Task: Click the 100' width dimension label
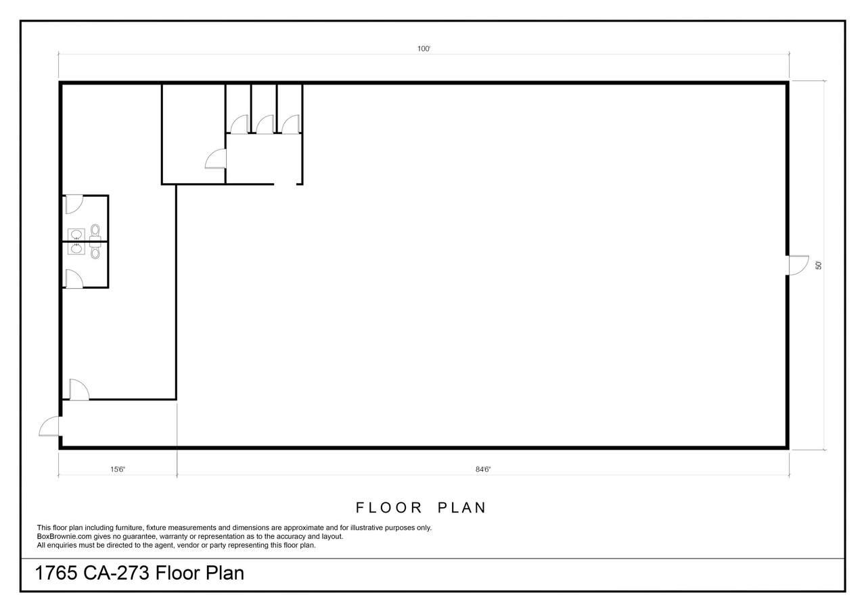[424, 49]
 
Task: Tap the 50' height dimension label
[819, 266]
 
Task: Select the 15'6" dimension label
[118, 469]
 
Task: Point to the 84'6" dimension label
[483, 469]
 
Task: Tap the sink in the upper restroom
[76, 235]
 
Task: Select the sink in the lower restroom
[76, 248]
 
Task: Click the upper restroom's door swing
[74, 204]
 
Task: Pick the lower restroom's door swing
[74, 279]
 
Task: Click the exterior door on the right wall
[798, 266]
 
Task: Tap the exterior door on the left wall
[49, 427]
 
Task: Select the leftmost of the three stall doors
[240, 124]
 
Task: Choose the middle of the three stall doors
[265, 124]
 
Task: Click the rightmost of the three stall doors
[291, 124]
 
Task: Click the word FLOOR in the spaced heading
[388, 508]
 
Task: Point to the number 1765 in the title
[55, 573]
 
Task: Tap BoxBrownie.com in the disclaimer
[64, 536]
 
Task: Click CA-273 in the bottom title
[116, 573]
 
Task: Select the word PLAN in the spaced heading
[461, 508]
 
